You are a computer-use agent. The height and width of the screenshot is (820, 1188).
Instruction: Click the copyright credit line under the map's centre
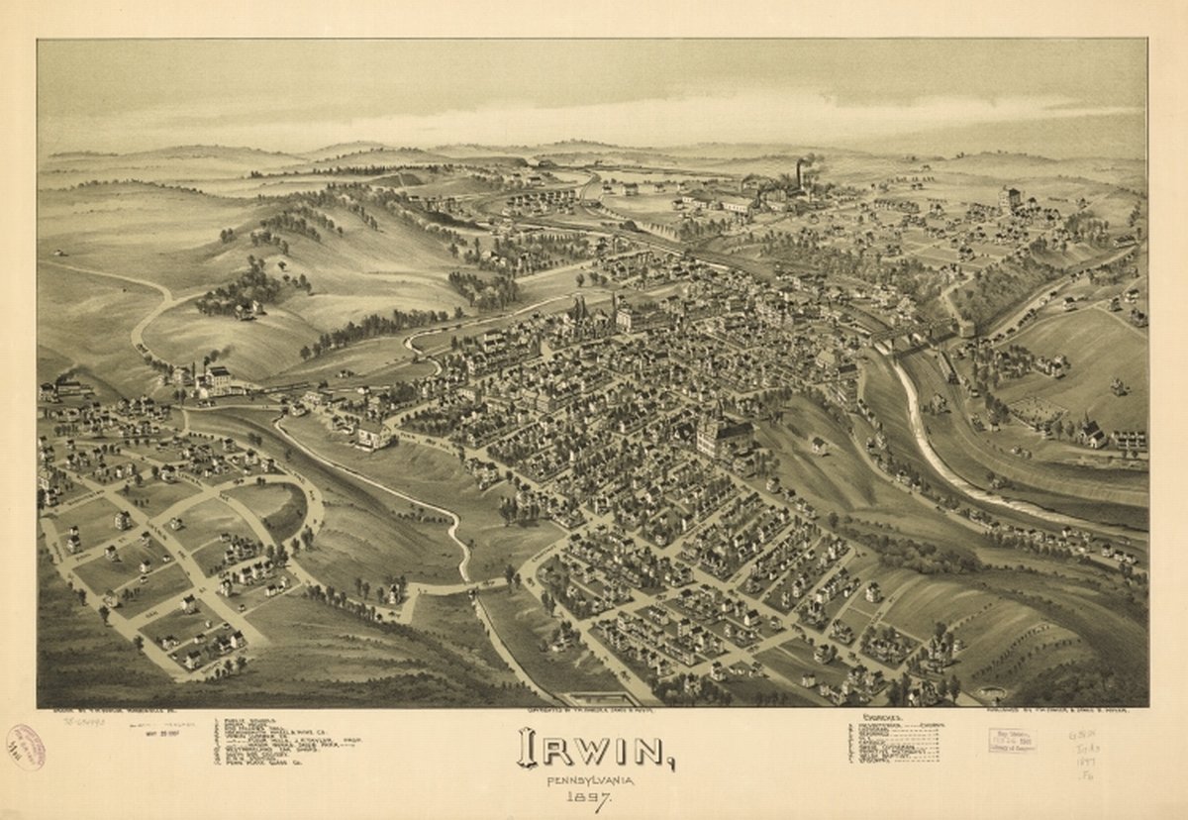coord(590,712)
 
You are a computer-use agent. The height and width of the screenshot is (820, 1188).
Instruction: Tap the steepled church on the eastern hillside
coord(1091,432)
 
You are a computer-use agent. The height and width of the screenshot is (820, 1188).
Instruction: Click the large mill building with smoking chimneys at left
coord(216,380)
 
